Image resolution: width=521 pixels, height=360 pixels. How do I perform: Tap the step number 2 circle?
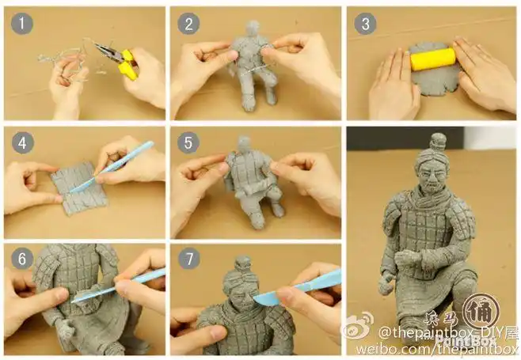188,25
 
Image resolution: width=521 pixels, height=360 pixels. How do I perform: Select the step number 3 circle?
365,25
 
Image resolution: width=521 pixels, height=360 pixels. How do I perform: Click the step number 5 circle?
188,144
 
